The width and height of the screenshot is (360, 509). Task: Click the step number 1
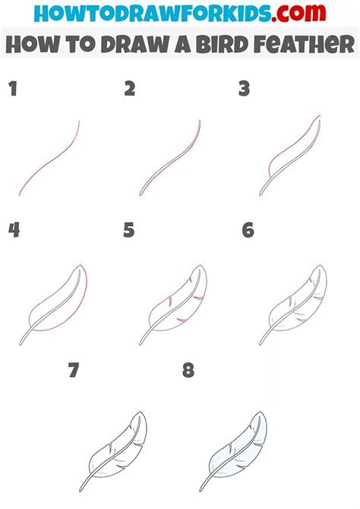point(12,90)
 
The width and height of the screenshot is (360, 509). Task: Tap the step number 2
point(130,90)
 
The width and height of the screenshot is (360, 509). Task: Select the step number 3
point(244,90)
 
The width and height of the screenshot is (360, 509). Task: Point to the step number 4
point(13,230)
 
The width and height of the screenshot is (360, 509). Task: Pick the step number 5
point(129,230)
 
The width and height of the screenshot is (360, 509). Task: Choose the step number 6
point(248,230)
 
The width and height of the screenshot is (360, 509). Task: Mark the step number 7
point(73,371)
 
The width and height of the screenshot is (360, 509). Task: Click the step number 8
point(188,371)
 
